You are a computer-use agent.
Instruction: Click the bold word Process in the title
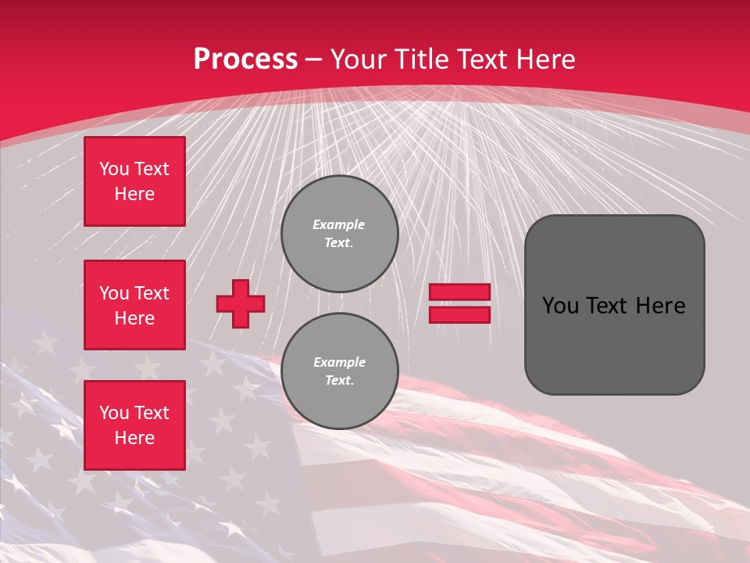coord(245,59)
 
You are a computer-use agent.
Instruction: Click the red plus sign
coord(241,304)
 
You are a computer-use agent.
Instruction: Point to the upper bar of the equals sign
coord(459,292)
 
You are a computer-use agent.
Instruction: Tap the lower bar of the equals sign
coord(459,315)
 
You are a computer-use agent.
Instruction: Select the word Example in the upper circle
coord(339,224)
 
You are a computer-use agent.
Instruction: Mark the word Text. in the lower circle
coord(339,380)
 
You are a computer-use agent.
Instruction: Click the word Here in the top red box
coord(134,194)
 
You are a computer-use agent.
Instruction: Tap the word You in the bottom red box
coord(114,413)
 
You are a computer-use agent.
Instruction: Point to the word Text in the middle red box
coord(151,293)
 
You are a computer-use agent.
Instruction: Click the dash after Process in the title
coord(313,59)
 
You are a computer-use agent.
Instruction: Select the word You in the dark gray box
coord(560,306)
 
